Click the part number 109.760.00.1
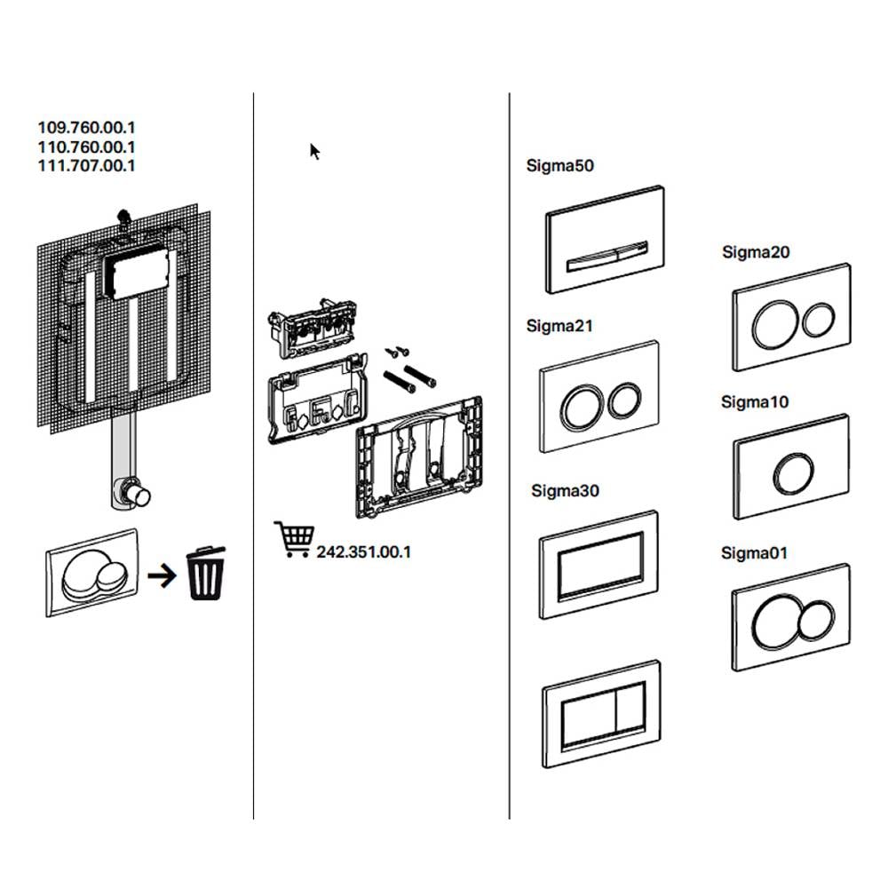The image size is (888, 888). (86, 128)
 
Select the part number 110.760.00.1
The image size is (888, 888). (86, 147)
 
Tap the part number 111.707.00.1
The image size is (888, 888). (86, 165)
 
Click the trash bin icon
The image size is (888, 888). (205, 574)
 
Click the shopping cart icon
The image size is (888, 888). (294, 540)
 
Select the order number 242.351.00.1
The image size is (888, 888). (363, 551)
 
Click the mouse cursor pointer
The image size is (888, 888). (314, 151)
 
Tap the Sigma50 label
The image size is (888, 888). (559, 165)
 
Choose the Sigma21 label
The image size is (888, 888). (559, 326)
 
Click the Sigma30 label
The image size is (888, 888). (565, 490)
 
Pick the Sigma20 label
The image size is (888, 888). (756, 252)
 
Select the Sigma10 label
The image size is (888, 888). (755, 402)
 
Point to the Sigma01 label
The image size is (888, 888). (754, 553)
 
